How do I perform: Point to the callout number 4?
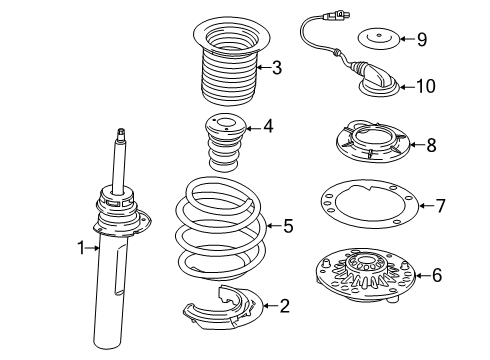click(267, 127)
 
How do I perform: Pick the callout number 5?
click(288, 226)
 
